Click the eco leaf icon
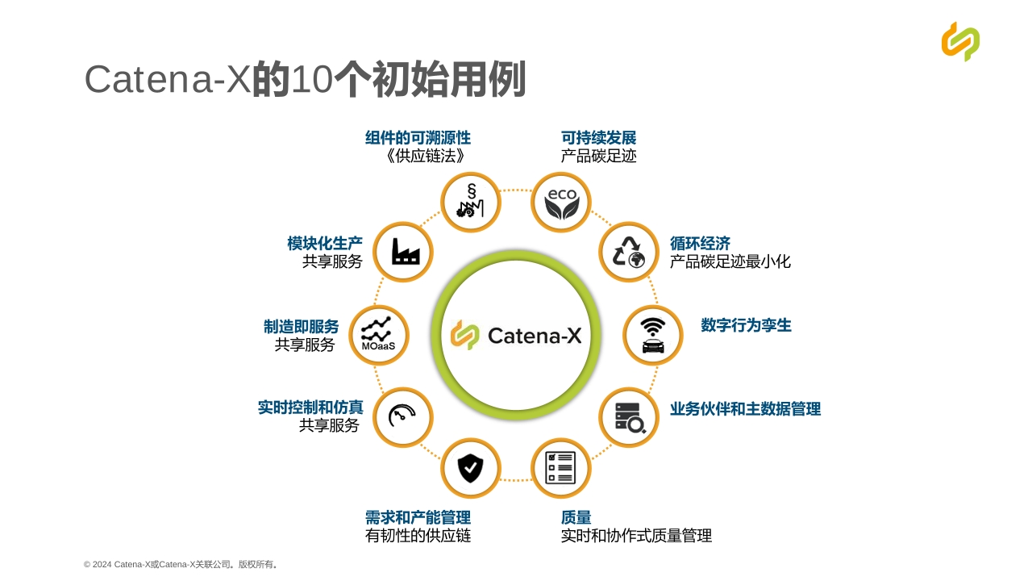point(561,203)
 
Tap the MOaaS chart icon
point(378,334)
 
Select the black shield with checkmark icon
point(470,467)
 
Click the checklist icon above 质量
point(560,467)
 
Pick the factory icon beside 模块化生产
point(406,251)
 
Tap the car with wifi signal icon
point(653,335)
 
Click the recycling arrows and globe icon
point(628,253)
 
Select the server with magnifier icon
point(630,418)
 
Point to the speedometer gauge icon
point(402,416)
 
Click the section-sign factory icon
point(470,201)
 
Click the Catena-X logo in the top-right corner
point(960,41)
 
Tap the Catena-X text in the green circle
point(535,335)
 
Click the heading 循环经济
point(700,243)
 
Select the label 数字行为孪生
point(746,325)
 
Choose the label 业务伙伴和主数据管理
point(745,408)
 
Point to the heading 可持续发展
point(598,138)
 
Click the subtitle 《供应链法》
point(425,156)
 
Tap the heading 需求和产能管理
point(418,517)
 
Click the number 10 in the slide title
point(311,79)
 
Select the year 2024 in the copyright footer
point(102,564)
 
